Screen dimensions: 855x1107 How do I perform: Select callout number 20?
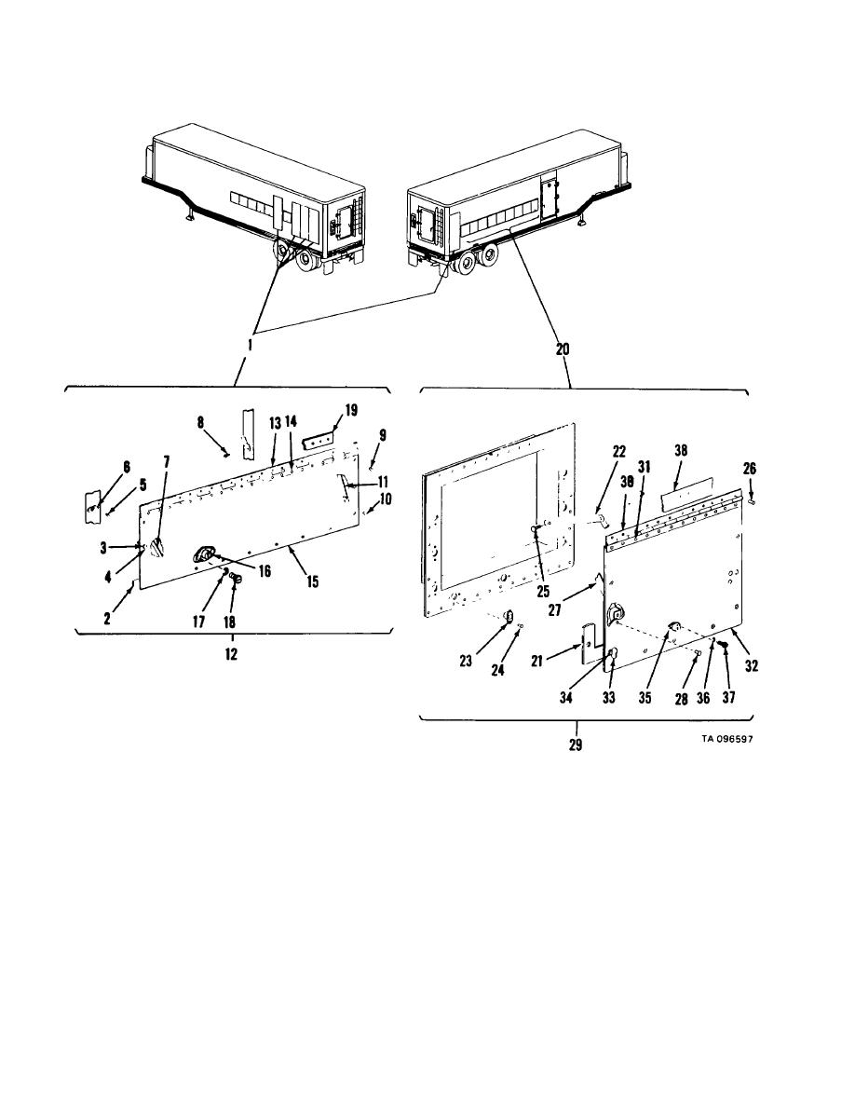(563, 348)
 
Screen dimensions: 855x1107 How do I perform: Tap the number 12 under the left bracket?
(231, 654)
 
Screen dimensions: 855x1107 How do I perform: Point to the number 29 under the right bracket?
(576, 745)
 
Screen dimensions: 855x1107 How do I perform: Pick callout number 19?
(351, 410)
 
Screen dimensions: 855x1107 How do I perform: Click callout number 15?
(312, 581)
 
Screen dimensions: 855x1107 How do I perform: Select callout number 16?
(264, 571)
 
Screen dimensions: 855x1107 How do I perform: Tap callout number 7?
(167, 462)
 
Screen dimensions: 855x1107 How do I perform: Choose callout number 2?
(107, 619)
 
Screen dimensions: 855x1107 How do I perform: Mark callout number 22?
(618, 452)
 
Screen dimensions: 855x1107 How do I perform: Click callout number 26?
(749, 469)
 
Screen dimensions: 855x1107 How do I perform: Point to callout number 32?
(752, 665)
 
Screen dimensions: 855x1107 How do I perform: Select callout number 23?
(466, 661)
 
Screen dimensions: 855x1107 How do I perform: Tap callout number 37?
(728, 697)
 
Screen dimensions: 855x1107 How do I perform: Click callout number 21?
(536, 661)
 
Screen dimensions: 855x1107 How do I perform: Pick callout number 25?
(542, 592)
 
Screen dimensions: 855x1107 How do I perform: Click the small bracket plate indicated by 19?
(317, 442)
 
